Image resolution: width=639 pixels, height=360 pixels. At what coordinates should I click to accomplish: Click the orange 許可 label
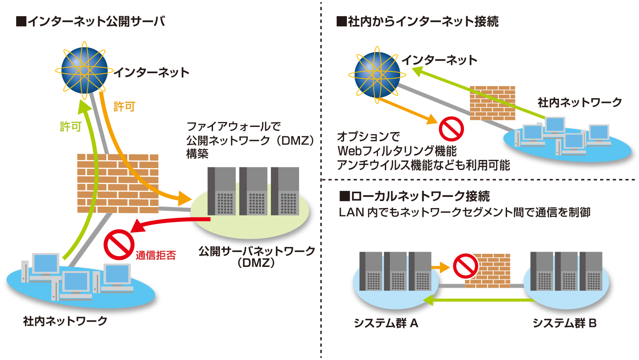pos(124,107)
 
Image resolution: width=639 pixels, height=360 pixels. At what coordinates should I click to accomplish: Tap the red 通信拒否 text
pos(156,255)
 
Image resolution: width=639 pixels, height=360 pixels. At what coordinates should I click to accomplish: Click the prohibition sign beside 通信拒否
pos(119,246)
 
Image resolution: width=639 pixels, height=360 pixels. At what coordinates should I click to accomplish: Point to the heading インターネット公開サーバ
pos(90,21)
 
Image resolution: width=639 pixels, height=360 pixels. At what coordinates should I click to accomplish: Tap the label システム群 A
pos(386,323)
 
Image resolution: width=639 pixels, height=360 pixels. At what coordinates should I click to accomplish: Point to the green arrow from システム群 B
pos(477,301)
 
